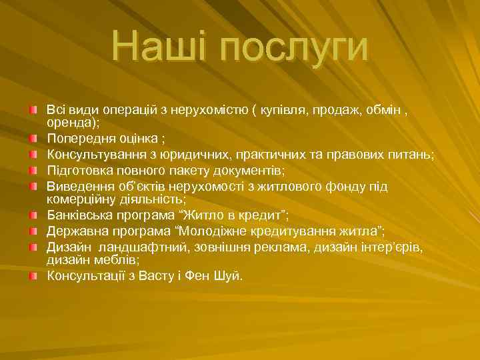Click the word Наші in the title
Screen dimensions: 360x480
pyautogui.click(x=159, y=46)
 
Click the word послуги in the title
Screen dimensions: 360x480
pyautogui.click(x=294, y=47)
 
